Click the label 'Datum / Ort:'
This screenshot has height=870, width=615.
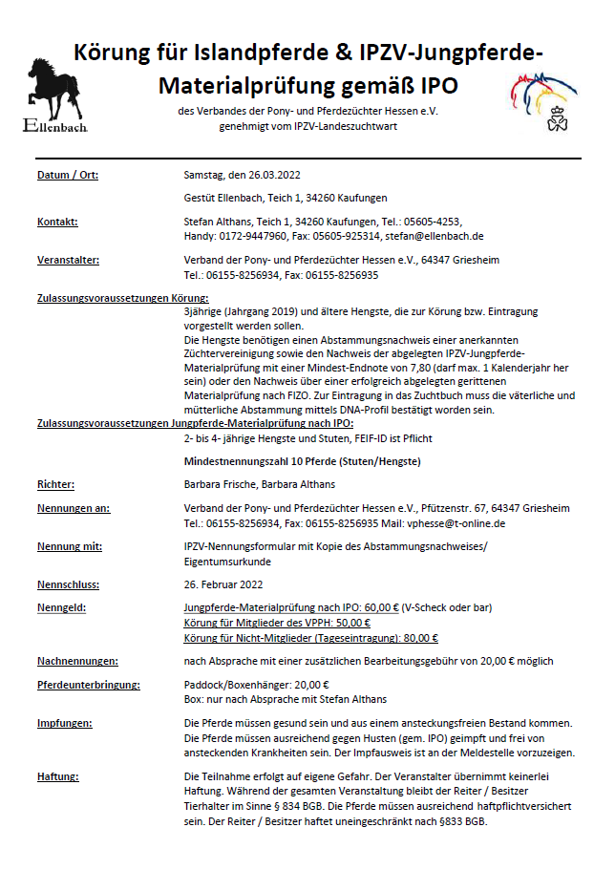(68, 175)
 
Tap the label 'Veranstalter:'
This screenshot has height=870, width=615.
(68, 260)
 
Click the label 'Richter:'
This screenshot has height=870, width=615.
(56, 485)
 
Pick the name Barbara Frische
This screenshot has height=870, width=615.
(219, 485)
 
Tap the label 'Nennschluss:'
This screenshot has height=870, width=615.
(68, 584)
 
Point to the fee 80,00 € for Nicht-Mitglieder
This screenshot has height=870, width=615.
(415, 637)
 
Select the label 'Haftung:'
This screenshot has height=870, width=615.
(57, 775)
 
